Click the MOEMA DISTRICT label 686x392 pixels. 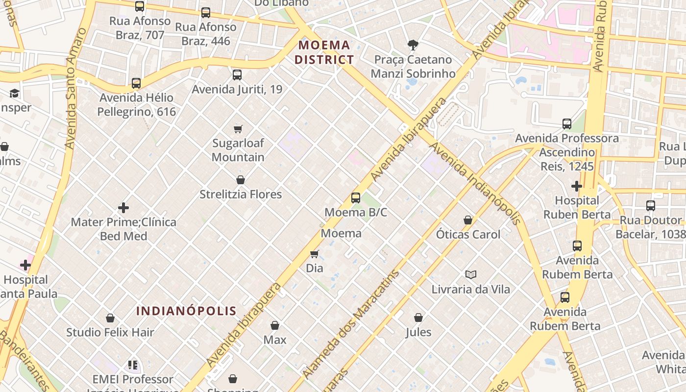pos(326,52)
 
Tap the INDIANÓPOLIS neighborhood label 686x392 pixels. pos(186,311)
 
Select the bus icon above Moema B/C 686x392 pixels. pos(356,198)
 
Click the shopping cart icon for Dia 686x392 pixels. pos(315,254)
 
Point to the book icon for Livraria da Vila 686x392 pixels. pos(470,274)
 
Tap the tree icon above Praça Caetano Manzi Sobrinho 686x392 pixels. pos(413,45)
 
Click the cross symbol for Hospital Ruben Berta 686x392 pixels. pos(577,186)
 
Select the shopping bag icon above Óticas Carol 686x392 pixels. pos(468,220)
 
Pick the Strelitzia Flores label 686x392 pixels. pos(241,195)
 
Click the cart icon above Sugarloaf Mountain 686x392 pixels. pos(238,129)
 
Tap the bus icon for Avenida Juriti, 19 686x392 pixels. pos(237,75)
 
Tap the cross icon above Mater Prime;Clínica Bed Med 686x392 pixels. pos(123,208)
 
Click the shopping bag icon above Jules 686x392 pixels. pos(418,318)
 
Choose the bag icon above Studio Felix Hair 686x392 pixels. pos(110,318)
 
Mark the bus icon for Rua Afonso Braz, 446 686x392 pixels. pos(206,13)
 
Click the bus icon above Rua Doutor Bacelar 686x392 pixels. pos(651,206)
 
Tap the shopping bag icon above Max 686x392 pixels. pos(275,325)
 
